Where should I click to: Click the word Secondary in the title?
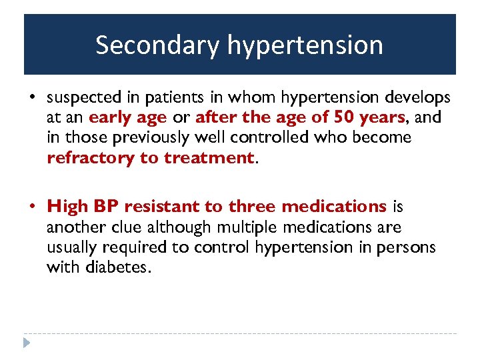tap(157, 45)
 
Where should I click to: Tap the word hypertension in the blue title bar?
tap(305, 45)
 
